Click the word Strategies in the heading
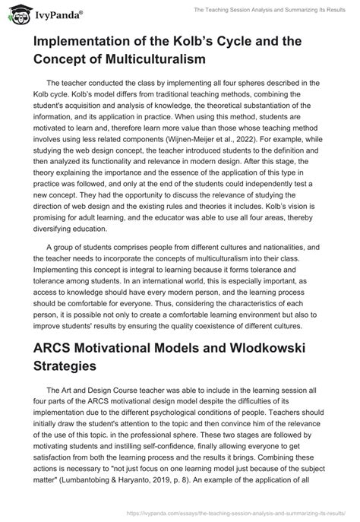tap(70, 370)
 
